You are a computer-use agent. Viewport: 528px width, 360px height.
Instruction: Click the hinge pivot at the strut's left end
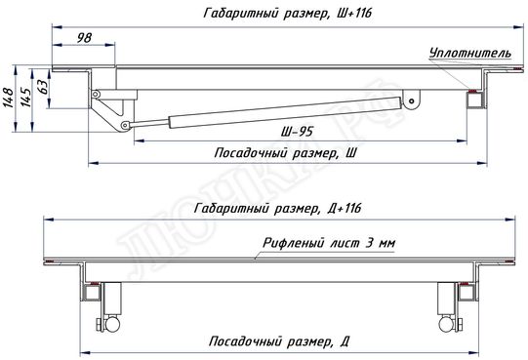[124, 126]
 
